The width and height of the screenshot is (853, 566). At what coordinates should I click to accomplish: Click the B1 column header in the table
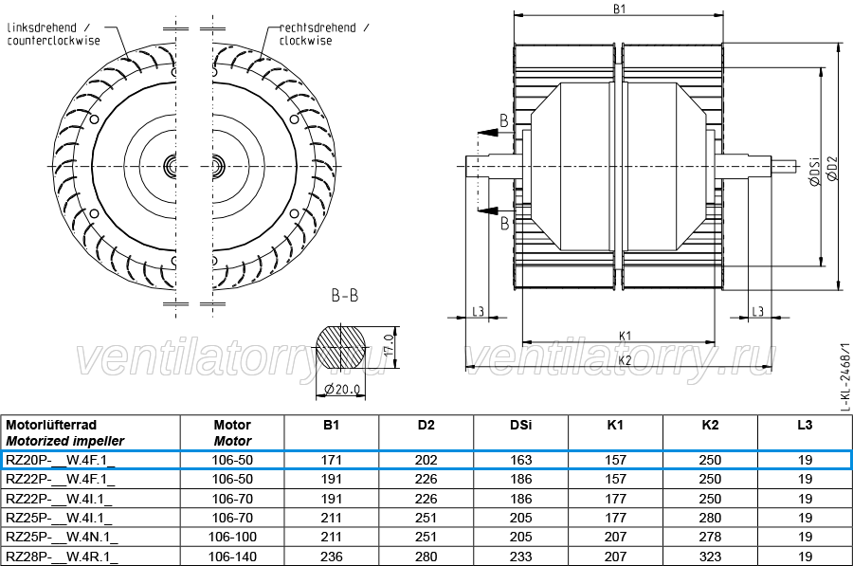pyautogui.click(x=332, y=425)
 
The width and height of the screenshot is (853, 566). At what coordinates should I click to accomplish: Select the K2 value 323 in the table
pyautogui.click(x=710, y=557)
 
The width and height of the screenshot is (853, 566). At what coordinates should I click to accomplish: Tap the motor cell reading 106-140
pyautogui.click(x=232, y=557)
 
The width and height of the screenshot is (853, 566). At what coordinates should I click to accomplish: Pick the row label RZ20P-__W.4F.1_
pyautogui.click(x=60, y=461)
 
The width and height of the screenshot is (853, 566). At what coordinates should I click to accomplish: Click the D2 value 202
pyautogui.click(x=426, y=461)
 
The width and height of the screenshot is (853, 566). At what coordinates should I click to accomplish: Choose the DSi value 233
pyautogui.click(x=520, y=557)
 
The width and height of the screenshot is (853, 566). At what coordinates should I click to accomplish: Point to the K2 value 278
pyautogui.click(x=710, y=538)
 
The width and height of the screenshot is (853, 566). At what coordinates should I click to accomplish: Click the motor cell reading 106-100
pyautogui.click(x=232, y=538)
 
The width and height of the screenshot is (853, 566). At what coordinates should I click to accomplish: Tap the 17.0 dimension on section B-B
pyautogui.click(x=389, y=344)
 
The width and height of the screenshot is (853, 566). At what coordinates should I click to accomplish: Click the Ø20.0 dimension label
pyautogui.click(x=341, y=389)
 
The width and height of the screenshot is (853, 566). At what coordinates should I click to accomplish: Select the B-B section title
pyautogui.click(x=345, y=296)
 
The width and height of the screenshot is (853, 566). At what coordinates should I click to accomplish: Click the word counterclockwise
pyautogui.click(x=53, y=41)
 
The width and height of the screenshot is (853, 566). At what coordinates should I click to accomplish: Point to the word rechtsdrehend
pyautogui.click(x=318, y=27)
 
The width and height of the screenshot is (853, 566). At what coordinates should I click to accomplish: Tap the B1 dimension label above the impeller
pyautogui.click(x=620, y=9)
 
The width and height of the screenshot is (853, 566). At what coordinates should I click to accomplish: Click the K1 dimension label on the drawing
pyautogui.click(x=626, y=336)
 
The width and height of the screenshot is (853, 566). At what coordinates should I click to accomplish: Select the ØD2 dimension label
pyautogui.click(x=832, y=168)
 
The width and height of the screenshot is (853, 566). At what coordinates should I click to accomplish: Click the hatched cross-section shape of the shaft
pyautogui.click(x=340, y=347)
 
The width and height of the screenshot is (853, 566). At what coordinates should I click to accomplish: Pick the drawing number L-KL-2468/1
pyautogui.click(x=844, y=376)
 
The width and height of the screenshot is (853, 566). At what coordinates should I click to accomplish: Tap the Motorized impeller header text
pyautogui.click(x=64, y=442)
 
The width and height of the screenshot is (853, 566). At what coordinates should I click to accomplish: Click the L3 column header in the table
pyautogui.click(x=805, y=425)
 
